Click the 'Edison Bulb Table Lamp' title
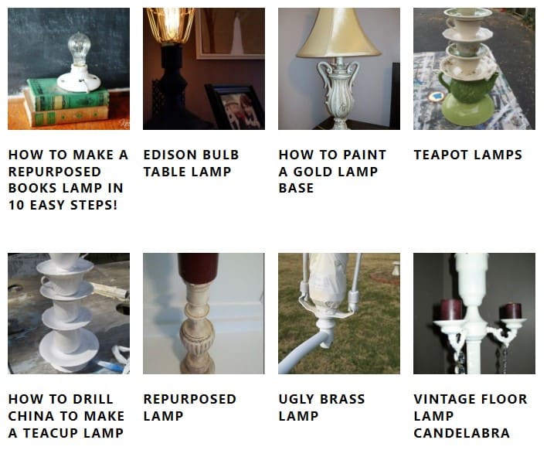(191, 163)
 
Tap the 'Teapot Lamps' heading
(467, 155)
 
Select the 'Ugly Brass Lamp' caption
(321, 408)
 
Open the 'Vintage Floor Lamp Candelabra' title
(470, 416)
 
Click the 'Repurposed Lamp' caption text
(189, 408)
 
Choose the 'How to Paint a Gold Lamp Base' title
(332, 171)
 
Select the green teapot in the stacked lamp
(467, 86)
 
